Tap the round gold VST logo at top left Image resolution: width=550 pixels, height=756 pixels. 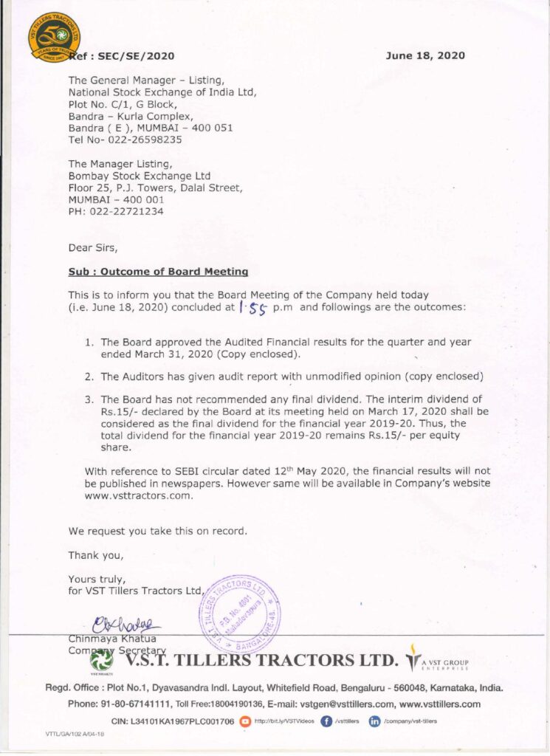[x=55, y=36]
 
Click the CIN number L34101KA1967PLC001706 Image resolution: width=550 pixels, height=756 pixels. [x=182, y=721]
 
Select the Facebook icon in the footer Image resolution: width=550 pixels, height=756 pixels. [x=326, y=721]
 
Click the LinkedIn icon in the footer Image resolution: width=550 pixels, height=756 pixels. [x=374, y=721]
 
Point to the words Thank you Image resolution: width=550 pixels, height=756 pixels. [x=96, y=555]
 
